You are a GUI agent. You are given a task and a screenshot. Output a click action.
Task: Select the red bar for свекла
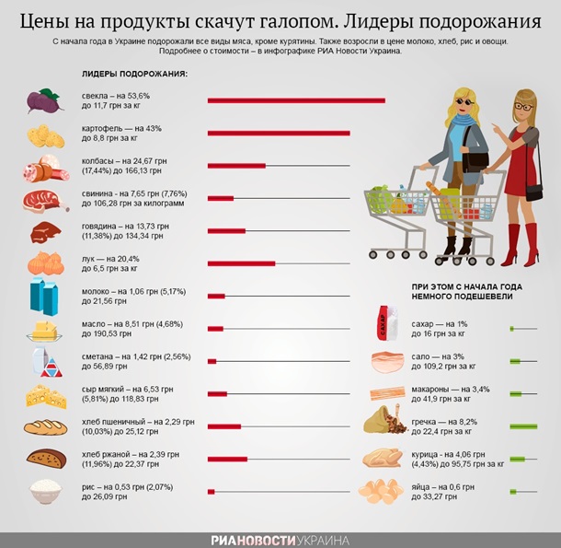296,99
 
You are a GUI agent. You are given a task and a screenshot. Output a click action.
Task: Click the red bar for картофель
279,134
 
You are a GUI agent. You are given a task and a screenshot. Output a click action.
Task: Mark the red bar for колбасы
236,166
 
